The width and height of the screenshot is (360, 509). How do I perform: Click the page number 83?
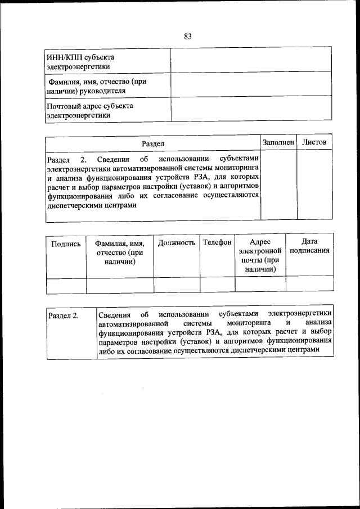(x=187, y=37)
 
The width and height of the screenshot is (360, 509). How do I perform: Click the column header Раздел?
(x=152, y=144)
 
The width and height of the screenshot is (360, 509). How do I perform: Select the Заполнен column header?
(x=278, y=143)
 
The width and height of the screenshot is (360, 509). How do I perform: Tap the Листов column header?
(x=314, y=143)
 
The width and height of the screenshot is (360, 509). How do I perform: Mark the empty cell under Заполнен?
(x=278, y=186)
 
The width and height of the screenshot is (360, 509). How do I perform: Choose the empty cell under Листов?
(x=314, y=186)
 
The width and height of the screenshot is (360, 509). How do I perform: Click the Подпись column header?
(x=66, y=244)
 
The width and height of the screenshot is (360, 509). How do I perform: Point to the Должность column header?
(x=177, y=242)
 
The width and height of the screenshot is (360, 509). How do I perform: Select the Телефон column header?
(x=217, y=242)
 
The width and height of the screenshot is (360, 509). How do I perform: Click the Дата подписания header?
(x=309, y=246)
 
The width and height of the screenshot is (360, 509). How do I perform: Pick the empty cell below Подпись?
(x=66, y=285)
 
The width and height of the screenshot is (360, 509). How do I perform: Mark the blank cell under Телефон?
(x=217, y=285)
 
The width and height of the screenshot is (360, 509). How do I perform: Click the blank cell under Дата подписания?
(x=309, y=285)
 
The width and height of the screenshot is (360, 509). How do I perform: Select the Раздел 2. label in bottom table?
(x=63, y=316)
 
